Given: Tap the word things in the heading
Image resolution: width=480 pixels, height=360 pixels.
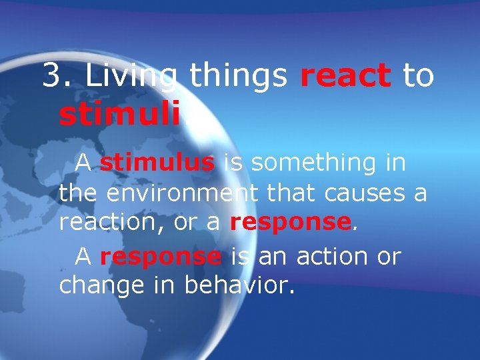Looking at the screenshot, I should coord(239,77).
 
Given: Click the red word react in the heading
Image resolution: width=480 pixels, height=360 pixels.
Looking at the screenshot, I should coord(345,77).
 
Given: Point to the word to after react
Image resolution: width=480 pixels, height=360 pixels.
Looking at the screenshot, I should coord(418,77).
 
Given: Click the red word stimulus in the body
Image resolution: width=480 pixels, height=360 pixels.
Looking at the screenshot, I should coord(157,162).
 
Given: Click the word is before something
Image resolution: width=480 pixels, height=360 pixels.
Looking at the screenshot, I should coord(233,162).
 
